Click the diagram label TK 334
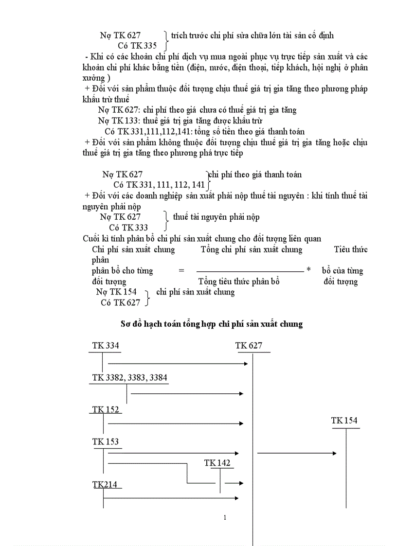click(x=106, y=346)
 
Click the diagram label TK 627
click(x=249, y=346)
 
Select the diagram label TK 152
click(x=106, y=410)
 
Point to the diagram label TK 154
click(x=344, y=421)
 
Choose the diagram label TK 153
click(x=106, y=442)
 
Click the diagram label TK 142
click(x=217, y=463)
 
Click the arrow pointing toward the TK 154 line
click(x=297, y=454)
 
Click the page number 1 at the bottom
click(x=225, y=518)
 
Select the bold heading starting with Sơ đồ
click(x=212, y=324)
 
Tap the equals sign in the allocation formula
click(x=181, y=271)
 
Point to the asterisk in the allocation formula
click(x=308, y=270)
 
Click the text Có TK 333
click(x=128, y=228)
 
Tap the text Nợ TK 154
click(x=116, y=292)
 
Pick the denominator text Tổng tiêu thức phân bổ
click(x=239, y=282)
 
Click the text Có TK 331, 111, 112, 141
click(x=159, y=185)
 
